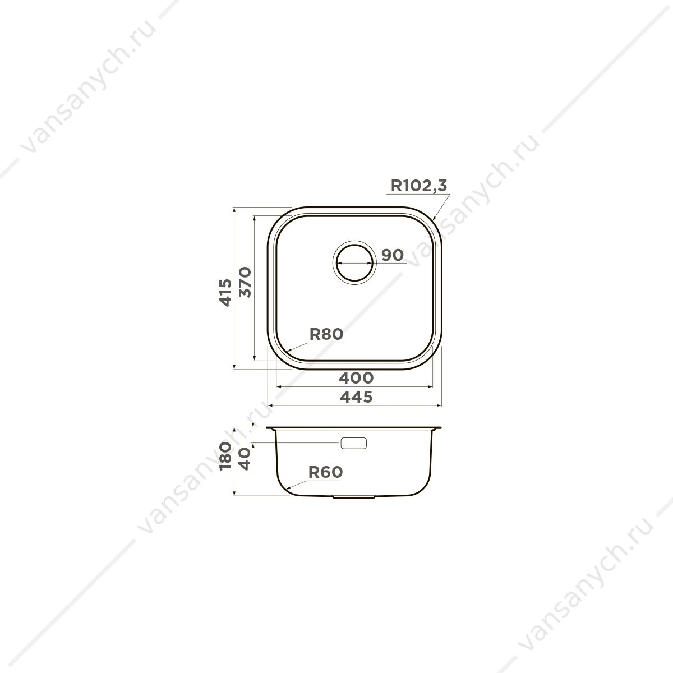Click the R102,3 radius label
(418, 186)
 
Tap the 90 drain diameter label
(392, 255)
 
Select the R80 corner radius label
(326, 334)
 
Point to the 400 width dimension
(356, 377)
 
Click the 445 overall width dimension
(356, 397)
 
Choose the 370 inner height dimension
(245, 282)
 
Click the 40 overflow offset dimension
(245, 459)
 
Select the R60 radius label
(325, 472)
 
